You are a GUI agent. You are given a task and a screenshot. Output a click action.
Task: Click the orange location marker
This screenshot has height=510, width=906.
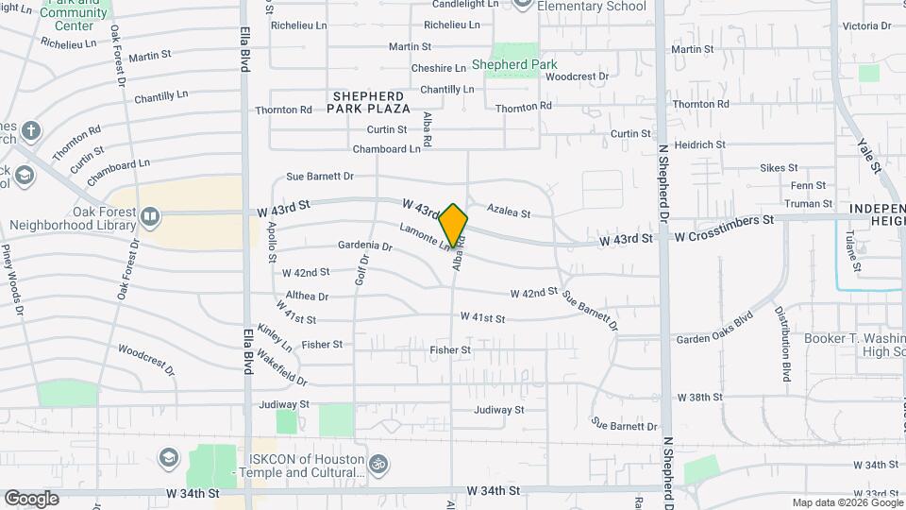(453, 224)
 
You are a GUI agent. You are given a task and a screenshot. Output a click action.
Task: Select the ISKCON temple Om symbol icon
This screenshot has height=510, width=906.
(378, 465)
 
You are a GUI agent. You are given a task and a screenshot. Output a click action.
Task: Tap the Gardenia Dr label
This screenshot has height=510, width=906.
(364, 246)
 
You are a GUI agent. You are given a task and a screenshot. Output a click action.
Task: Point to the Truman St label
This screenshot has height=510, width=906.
(808, 203)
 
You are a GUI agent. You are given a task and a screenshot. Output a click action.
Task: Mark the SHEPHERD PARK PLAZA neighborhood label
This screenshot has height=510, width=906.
(368, 102)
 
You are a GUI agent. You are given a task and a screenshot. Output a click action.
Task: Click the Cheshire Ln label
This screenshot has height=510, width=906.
(438, 68)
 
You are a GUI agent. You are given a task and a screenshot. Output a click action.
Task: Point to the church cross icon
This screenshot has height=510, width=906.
(31, 130)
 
